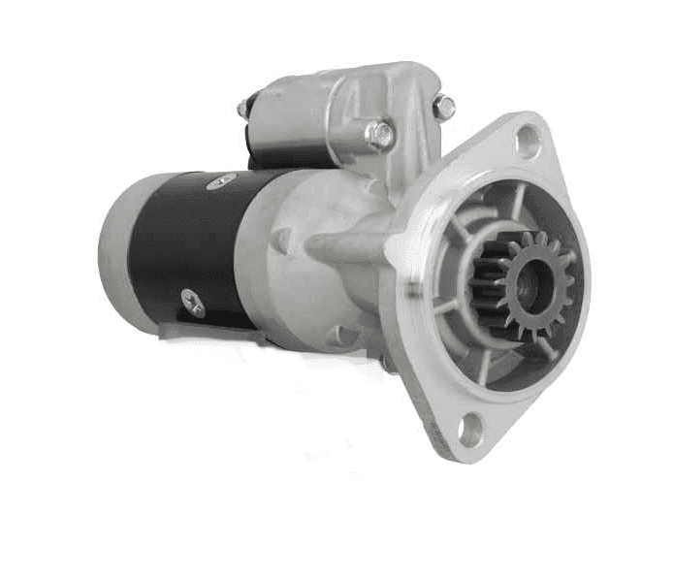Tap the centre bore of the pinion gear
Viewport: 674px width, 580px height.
[x=529, y=284]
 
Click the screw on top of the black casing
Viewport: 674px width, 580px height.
[x=222, y=179]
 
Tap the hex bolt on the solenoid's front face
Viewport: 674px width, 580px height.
[x=379, y=134]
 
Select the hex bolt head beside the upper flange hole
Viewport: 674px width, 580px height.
[x=443, y=107]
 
